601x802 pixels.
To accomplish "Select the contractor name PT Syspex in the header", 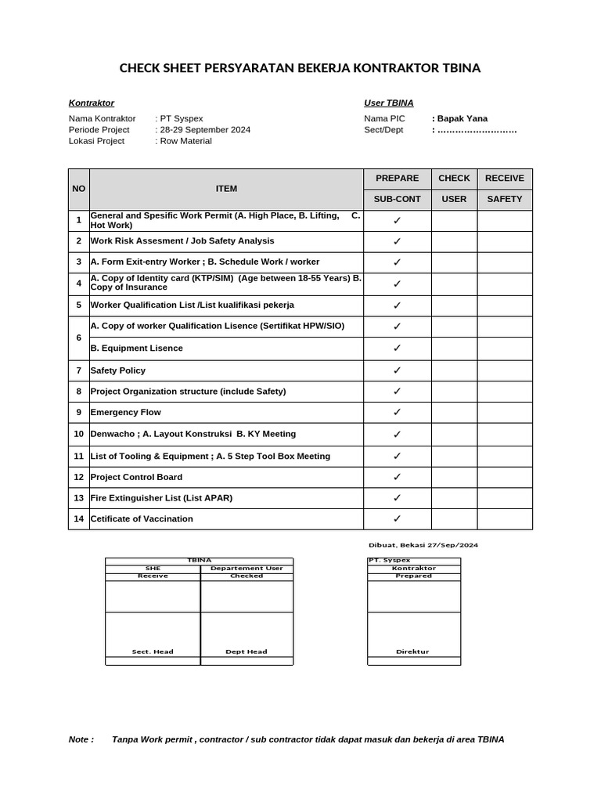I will pyautogui.click(x=181, y=119).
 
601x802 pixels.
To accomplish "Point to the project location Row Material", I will pyautogui.click(x=185, y=141).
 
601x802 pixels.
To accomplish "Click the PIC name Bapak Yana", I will pyautogui.click(x=462, y=119).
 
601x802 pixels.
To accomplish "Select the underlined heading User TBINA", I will pyautogui.click(x=389, y=103).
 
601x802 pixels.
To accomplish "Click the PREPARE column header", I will pyautogui.click(x=397, y=179).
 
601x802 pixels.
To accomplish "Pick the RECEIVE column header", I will pyautogui.click(x=504, y=179).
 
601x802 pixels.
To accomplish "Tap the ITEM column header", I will pyautogui.click(x=226, y=189).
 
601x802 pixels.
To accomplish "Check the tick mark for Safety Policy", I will pyautogui.click(x=397, y=370).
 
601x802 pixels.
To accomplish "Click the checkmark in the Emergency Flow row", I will pyautogui.click(x=397, y=412).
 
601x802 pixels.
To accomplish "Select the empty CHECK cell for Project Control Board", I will pyautogui.click(x=454, y=477).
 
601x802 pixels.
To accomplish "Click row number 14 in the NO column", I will pyautogui.click(x=78, y=518).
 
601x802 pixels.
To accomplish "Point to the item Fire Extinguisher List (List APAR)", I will pyautogui.click(x=161, y=498).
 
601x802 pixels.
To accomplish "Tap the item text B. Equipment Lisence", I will pyautogui.click(x=137, y=349).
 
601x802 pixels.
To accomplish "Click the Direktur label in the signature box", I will pyautogui.click(x=413, y=652).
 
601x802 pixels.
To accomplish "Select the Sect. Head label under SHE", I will pyautogui.click(x=153, y=652).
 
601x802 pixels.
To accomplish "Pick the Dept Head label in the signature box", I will pyautogui.click(x=247, y=652).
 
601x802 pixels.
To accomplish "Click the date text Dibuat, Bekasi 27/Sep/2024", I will pyautogui.click(x=423, y=545).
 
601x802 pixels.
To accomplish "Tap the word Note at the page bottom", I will pyautogui.click(x=81, y=739).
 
